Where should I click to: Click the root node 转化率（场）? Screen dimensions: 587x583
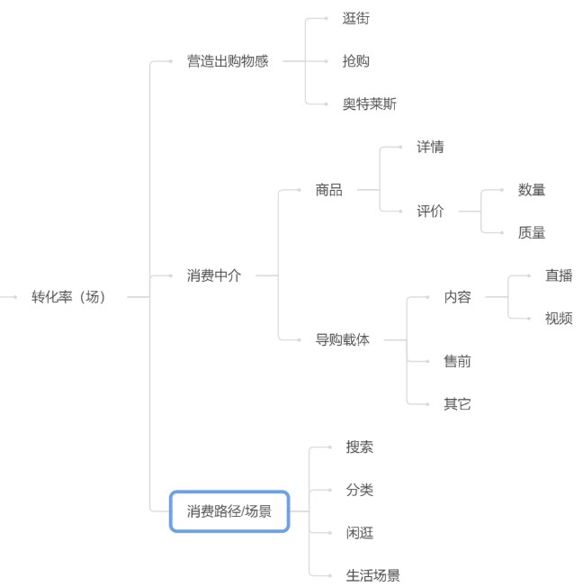(69, 296)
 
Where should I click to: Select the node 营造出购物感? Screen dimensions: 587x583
(228, 61)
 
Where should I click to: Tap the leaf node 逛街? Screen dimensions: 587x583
(355, 18)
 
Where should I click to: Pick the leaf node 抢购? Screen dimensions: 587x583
(355, 61)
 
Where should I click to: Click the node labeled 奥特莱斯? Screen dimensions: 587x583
(369, 104)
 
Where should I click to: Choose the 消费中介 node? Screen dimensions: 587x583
(214, 275)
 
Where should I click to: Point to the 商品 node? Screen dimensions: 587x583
(328, 190)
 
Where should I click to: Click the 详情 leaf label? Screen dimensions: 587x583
(430, 147)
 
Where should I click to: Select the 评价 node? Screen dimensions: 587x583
(430, 212)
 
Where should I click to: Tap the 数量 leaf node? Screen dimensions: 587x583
(532, 190)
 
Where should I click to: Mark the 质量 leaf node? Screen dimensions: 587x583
(532, 232)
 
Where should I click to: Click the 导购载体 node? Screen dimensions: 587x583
(342, 339)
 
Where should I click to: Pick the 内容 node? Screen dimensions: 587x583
(457, 296)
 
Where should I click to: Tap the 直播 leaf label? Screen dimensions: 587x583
(559, 275)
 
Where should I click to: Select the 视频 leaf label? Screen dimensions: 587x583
(559, 318)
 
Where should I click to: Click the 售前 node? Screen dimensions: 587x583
(457, 361)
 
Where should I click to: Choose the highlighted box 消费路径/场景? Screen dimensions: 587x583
(229, 511)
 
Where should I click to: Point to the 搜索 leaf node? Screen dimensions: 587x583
(359, 447)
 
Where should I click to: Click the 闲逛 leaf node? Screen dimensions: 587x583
(359, 532)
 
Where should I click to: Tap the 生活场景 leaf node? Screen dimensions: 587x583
(372, 575)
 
